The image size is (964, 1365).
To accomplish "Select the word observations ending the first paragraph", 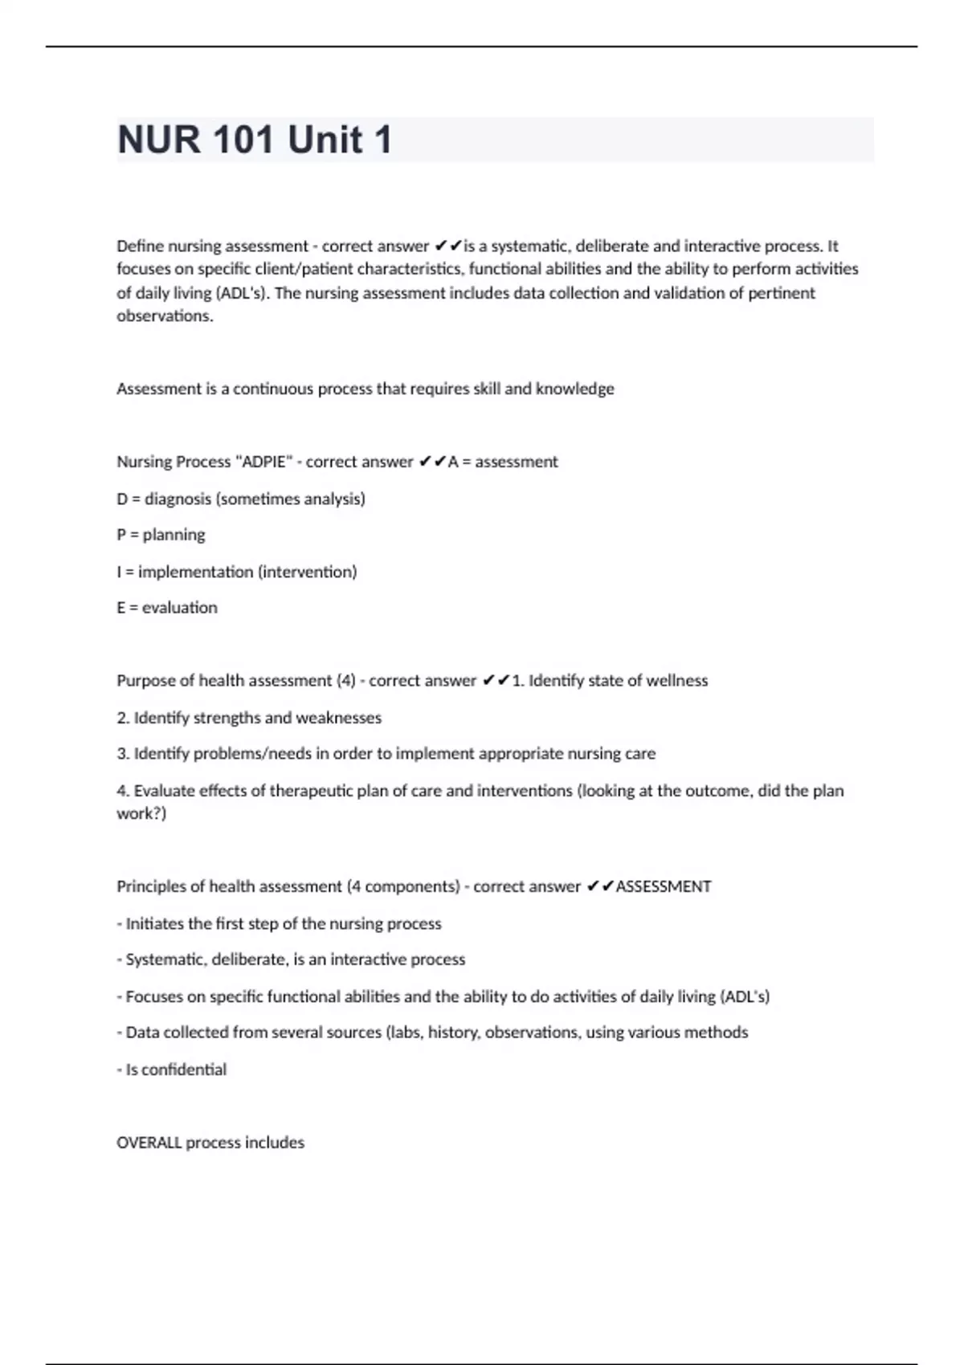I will [165, 316].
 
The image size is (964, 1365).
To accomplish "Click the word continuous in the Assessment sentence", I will [273, 389].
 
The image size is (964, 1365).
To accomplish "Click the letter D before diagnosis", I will [122, 499].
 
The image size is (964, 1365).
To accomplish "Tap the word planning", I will [174, 535].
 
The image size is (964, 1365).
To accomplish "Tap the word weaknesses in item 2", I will [338, 718].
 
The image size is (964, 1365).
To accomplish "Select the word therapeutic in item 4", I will [311, 791].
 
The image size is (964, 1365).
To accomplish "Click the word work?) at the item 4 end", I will [141, 813].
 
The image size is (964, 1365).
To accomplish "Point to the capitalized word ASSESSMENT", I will [663, 886].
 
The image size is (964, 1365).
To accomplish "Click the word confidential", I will [184, 1070].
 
